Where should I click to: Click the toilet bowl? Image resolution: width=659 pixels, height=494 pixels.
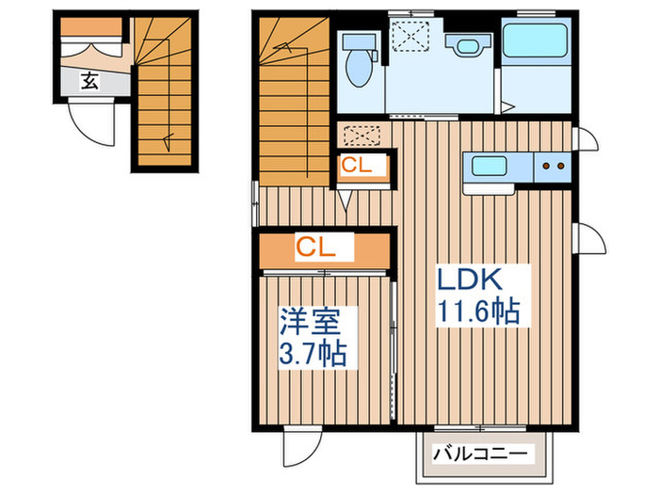tap(359, 69)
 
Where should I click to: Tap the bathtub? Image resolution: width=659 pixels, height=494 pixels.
tap(536, 40)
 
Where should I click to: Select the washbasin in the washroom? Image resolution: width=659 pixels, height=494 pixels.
tap(467, 44)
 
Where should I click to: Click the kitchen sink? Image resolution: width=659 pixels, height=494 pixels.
tap(489, 166)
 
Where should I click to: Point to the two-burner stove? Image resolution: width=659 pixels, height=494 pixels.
tap(553, 167)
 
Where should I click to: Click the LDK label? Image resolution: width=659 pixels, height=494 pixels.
tap(470, 279)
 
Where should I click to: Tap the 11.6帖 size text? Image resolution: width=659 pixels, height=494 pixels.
tap(478, 311)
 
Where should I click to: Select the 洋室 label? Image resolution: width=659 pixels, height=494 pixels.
tap(310, 321)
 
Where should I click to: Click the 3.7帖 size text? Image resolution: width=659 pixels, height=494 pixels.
tap(313, 353)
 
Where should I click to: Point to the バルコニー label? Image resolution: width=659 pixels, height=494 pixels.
tap(480, 454)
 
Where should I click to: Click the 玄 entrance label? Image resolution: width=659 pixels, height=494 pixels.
tap(89, 81)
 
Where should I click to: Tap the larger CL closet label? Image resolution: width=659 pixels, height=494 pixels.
tap(316, 247)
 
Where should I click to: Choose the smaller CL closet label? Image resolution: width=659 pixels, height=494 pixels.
tap(357, 165)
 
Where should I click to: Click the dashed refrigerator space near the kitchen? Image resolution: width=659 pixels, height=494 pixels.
tap(362, 135)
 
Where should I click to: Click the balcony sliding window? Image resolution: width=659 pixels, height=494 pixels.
tap(480, 428)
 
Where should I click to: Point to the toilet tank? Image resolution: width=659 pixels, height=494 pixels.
tap(359, 42)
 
